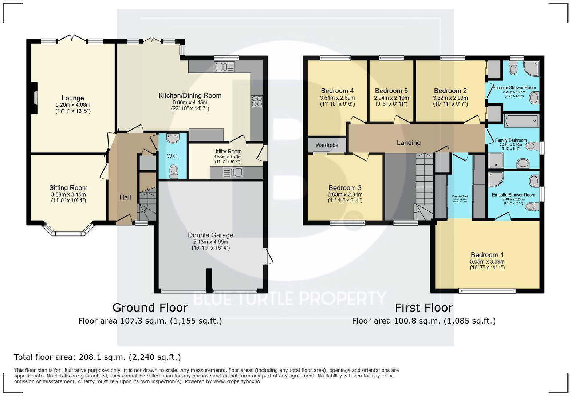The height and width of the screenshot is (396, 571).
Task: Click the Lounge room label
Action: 73,98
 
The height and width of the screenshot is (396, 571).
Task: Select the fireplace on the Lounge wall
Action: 34,98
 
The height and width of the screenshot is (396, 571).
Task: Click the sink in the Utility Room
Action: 233,173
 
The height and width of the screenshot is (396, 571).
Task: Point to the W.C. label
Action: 173,156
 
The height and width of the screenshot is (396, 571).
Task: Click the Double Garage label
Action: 210,235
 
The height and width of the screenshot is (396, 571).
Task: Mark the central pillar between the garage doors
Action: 209,280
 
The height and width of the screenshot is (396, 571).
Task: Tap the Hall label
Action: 125,197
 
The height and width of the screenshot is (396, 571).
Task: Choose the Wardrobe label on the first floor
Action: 327,145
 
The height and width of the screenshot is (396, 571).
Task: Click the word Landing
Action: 409,143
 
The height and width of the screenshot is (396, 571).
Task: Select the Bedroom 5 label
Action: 391,91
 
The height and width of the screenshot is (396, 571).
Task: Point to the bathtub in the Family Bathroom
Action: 521,120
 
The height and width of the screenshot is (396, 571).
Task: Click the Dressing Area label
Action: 460,197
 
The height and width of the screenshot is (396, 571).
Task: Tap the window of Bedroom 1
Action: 487,290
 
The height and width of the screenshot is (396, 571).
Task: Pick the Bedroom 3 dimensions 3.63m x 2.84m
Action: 345,194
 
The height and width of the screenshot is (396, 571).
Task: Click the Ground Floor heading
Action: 150,308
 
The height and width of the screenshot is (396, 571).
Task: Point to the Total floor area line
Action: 97,357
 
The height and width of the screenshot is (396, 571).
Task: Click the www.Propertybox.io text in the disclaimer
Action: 237,381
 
